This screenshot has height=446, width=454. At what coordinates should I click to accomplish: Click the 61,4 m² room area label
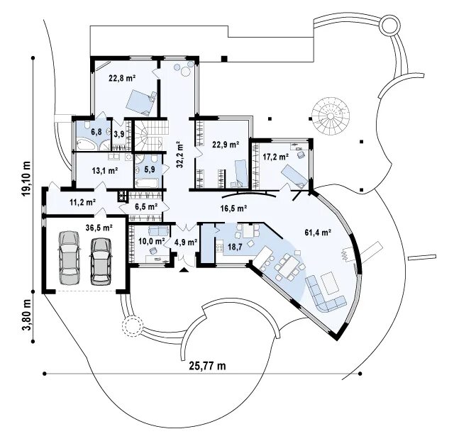(x=318, y=232)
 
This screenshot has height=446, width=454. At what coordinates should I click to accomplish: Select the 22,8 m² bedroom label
(x=122, y=79)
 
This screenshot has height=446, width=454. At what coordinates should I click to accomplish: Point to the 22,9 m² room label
(x=226, y=145)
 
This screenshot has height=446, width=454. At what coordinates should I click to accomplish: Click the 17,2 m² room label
(x=275, y=156)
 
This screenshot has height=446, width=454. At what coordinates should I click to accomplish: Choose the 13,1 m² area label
(x=104, y=170)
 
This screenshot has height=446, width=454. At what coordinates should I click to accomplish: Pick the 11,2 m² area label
(x=82, y=201)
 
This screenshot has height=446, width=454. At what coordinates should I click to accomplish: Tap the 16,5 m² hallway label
(x=233, y=208)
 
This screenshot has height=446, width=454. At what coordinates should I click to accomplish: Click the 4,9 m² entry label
(x=185, y=242)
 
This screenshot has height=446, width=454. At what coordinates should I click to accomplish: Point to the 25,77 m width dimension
(x=207, y=366)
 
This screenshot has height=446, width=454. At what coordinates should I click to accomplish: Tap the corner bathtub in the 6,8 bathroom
(x=85, y=142)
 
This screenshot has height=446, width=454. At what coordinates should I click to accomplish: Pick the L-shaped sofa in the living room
(x=325, y=292)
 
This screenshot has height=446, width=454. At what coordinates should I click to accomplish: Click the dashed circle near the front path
(x=131, y=327)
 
